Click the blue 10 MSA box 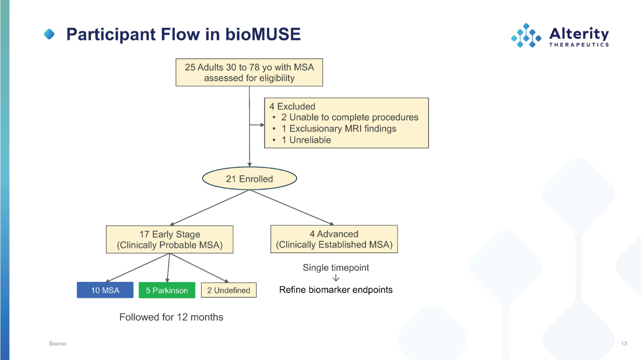[x=105, y=290]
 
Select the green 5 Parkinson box [x=167, y=290]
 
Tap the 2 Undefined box [x=229, y=290]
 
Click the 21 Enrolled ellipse [x=250, y=179]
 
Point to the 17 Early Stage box [x=170, y=240]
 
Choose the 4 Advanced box [x=334, y=239]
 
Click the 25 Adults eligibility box [x=249, y=73]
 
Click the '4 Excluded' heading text [x=292, y=106]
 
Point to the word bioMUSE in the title [x=263, y=34]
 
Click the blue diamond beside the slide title [x=50, y=34]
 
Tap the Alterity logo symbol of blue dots [x=526, y=35]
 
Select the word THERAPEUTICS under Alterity [x=579, y=44]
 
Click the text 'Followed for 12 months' [x=171, y=317]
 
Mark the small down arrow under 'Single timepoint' [x=336, y=278]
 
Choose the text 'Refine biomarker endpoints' [x=336, y=290]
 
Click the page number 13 [x=624, y=343]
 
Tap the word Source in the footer [x=57, y=343]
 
